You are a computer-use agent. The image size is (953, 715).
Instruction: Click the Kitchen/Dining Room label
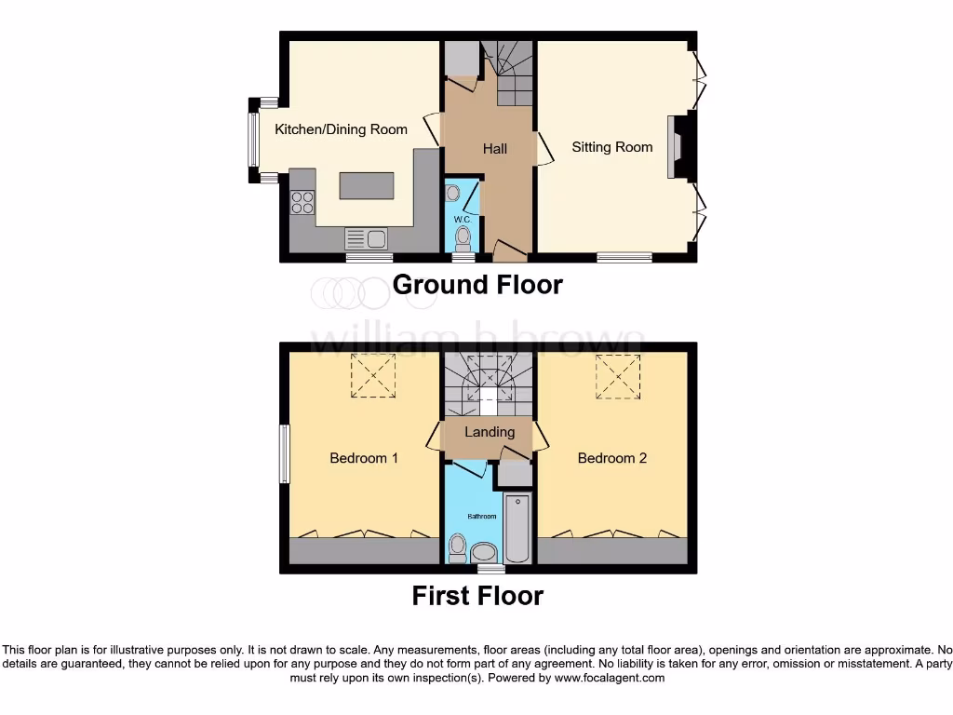341,129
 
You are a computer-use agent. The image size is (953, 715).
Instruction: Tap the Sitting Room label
611,147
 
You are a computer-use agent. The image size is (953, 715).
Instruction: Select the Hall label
494,148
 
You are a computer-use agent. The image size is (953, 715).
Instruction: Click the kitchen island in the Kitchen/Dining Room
366,185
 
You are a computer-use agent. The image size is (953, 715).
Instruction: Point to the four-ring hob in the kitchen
302,202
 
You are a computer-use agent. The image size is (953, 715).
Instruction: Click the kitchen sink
366,238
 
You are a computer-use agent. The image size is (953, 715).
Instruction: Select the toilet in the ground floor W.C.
462,240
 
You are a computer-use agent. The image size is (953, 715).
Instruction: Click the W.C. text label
463,219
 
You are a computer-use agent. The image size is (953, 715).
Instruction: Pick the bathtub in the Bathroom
517,527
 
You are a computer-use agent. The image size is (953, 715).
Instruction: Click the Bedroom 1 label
364,458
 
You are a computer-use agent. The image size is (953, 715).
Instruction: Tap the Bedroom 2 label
611,458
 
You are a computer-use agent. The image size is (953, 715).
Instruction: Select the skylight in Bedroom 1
372,377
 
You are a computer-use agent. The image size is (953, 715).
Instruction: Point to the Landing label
490,432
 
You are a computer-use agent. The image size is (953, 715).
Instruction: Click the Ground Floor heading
477,284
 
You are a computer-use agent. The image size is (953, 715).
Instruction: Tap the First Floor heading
477,595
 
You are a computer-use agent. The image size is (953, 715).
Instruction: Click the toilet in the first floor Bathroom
457,549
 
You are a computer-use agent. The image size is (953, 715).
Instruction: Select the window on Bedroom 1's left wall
284,454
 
